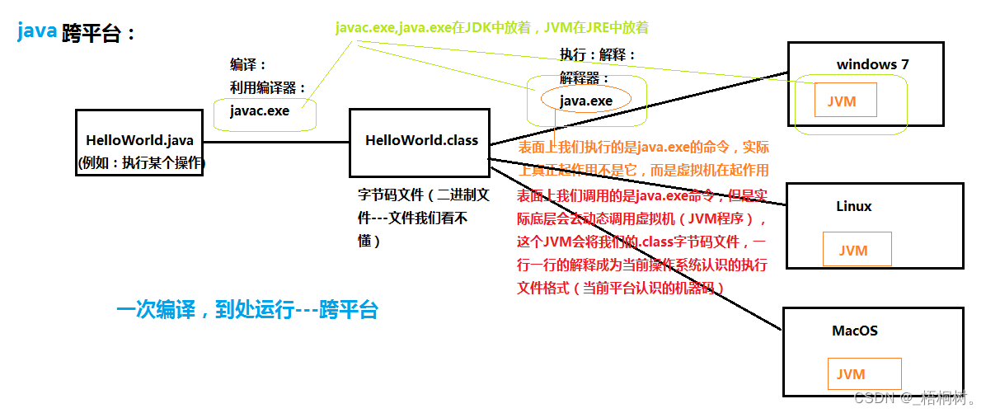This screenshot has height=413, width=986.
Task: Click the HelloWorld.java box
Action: tap(139, 142)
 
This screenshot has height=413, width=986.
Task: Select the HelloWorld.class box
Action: tap(420, 141)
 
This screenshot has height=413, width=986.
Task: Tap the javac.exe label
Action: tap(260, 110)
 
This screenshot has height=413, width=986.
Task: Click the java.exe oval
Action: tap(586, 101)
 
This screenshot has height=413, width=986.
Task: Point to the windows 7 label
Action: tap(872, 64)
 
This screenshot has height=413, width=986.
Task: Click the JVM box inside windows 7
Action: tap(845, 101)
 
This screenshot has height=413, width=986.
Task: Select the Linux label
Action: tap(853, 206)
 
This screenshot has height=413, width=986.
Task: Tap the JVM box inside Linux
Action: tap(857, 250)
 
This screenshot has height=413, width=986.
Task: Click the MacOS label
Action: tap(855, 331)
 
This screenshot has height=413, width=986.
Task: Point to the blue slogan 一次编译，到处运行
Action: tap(247, 311)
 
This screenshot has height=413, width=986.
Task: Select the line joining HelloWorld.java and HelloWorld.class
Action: tap(276, 142)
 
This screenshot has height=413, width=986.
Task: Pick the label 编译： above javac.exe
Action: tap(248, 64)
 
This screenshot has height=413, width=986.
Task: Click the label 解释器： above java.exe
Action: tap(585, 78)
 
